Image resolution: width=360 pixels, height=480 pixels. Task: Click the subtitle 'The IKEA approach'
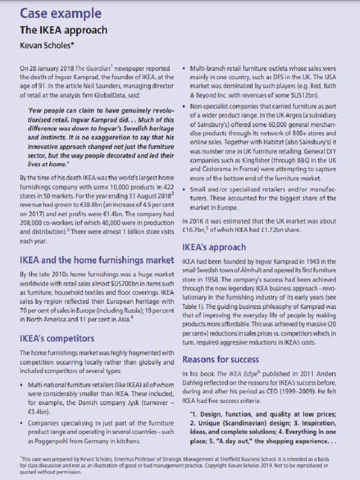click(x=63, y=30)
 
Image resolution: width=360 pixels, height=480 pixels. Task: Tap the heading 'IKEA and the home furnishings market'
click(x=97, y=260)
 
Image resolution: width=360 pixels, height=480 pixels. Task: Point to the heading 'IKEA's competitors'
click(x=57, y=338)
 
